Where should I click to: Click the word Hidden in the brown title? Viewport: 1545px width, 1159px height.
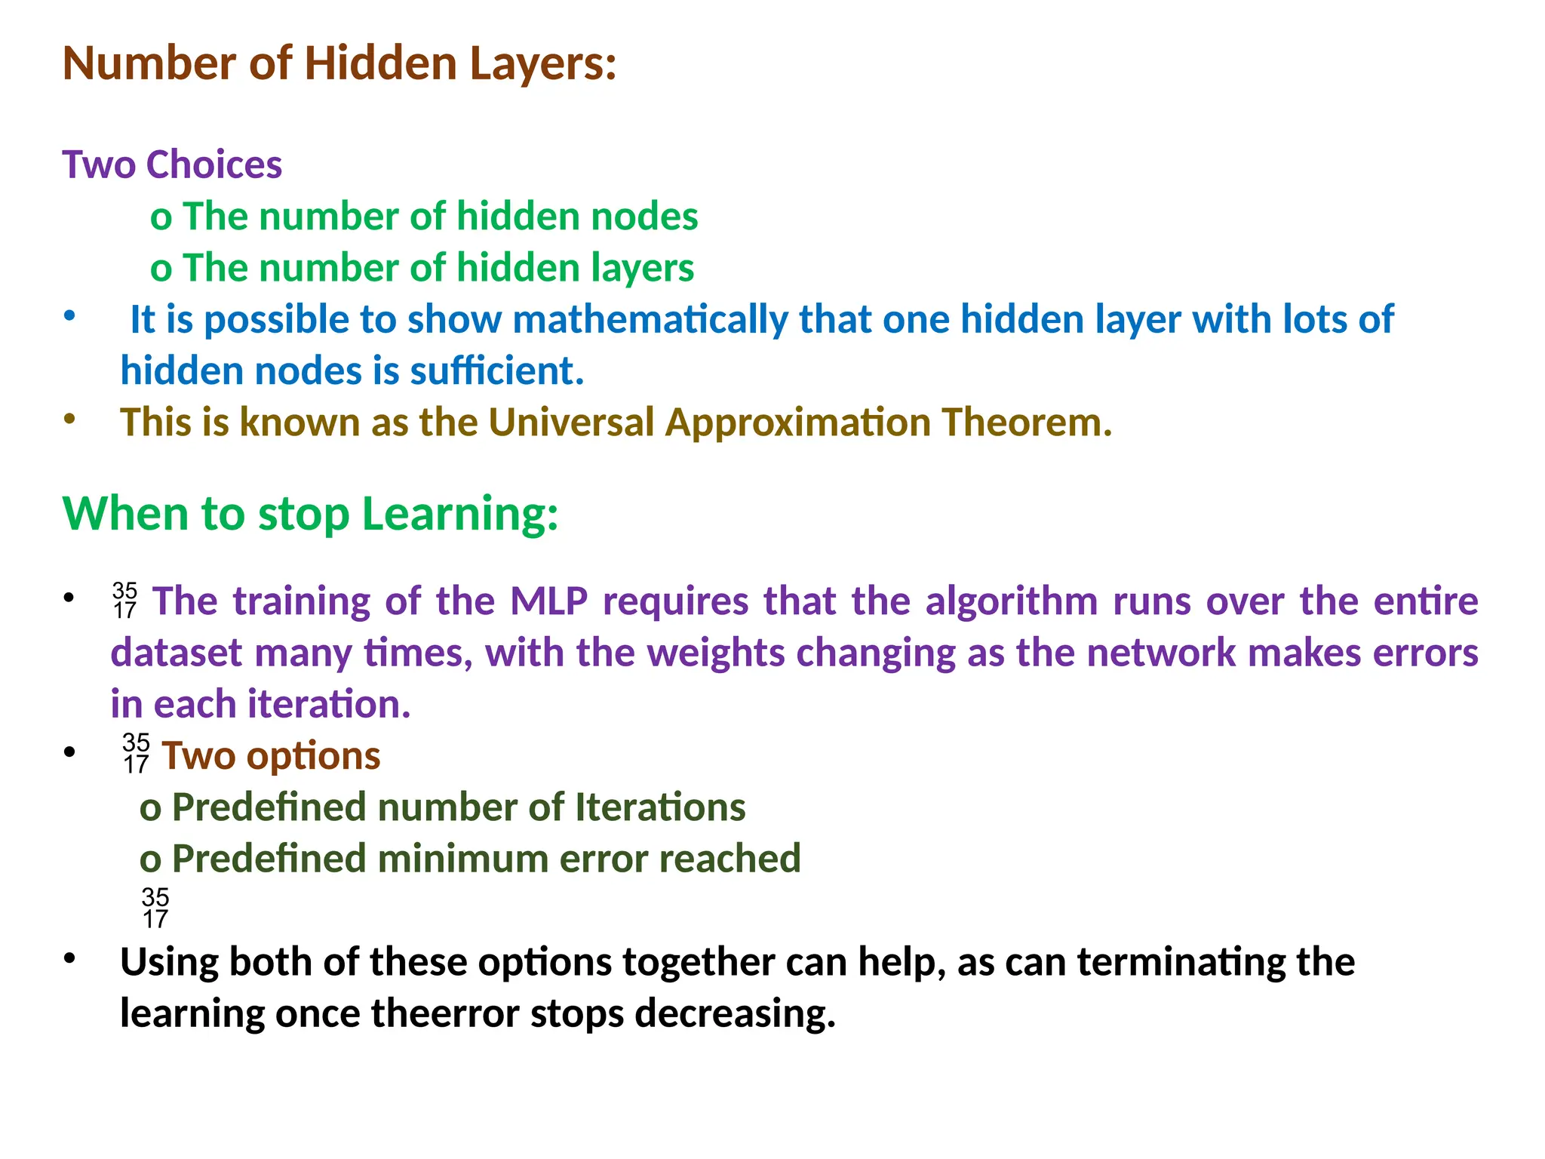[380, 63]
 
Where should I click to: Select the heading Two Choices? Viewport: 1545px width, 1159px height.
[172, 165]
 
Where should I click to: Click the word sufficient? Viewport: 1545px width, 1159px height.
[496, 371]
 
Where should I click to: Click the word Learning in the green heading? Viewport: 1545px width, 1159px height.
[459, 515]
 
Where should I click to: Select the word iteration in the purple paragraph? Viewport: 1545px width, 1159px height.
[329, 705]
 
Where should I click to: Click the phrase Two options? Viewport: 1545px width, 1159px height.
[271, 756]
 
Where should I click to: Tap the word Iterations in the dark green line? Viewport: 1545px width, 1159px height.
[660, 807]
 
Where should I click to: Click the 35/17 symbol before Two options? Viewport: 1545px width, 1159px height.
[137, 753]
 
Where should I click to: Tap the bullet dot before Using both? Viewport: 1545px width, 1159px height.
[70, 959]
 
